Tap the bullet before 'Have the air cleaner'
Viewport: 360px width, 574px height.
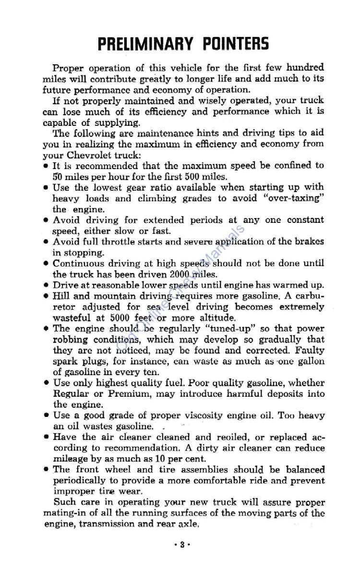click(46, 438)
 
